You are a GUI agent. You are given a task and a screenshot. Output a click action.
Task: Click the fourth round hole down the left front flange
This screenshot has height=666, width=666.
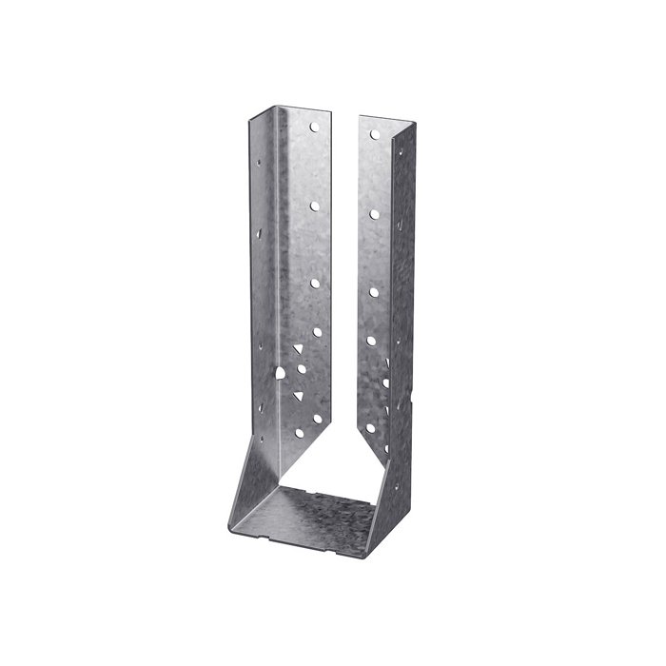coord(315,334)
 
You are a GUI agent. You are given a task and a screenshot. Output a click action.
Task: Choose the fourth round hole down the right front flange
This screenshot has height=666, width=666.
coord(372,340)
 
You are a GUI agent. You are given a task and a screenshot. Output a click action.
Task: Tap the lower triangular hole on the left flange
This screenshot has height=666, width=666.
coord(298,393)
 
